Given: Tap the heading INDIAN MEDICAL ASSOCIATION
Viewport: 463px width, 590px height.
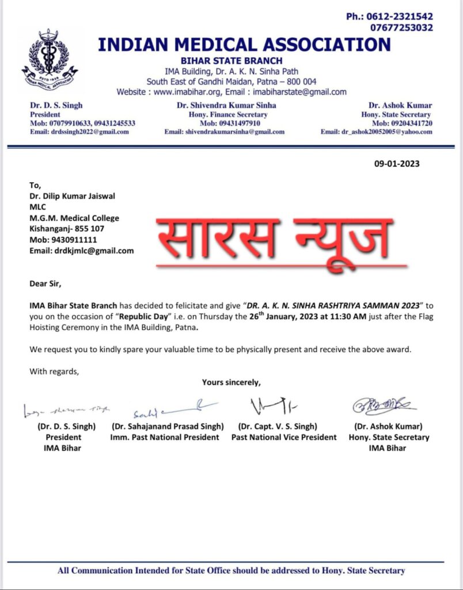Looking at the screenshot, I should tap(244, 45).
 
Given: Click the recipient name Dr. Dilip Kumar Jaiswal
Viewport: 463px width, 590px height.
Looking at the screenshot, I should tap(73, 196).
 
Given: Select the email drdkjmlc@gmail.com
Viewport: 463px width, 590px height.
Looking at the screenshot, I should tap(82, 251).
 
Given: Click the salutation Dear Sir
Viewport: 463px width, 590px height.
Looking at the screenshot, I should tap(45, 283).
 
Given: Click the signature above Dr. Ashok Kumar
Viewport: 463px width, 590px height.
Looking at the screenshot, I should tap(385, 406).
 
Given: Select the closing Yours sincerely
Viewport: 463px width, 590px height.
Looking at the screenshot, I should tap(231, 382).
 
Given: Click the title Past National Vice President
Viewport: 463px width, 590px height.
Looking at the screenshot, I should tap(284, 437).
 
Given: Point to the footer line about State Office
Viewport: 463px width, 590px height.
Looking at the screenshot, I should tap(231, 570).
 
